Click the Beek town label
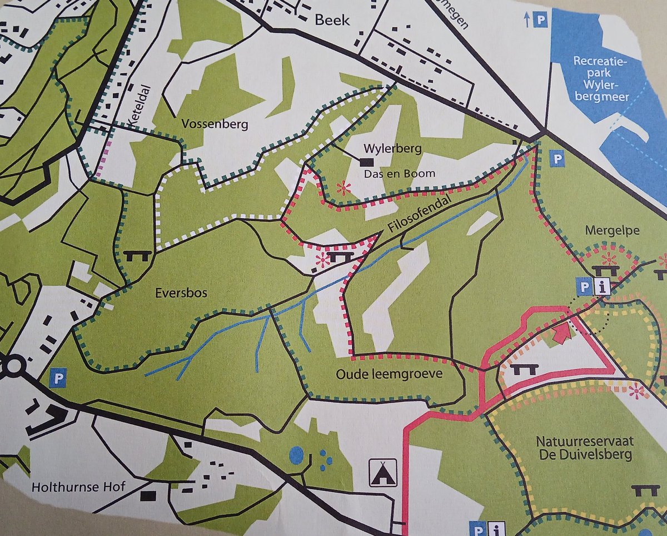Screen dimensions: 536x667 [x=332, y=20]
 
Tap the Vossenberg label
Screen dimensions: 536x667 [x=206, y=125]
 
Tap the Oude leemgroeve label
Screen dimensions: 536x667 [x=389, y=374]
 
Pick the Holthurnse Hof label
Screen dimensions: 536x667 [x=79, y=487]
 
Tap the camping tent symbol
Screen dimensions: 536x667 [x=383, y=473]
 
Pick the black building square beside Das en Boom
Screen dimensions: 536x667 [x=366, y=162]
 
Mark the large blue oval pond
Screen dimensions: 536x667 [x=297, y=455]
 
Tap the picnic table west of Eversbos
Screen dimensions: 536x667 [x=137, y=255]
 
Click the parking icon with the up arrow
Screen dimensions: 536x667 [x=540, y=20]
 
